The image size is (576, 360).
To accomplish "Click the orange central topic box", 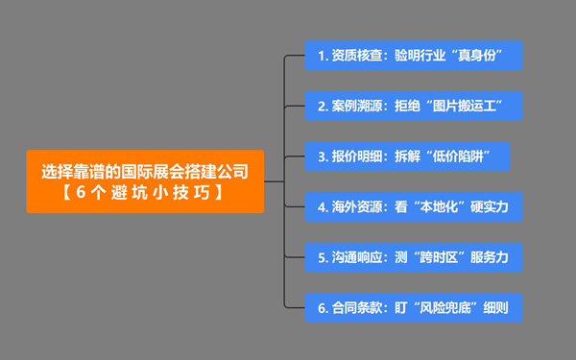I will pyautogui.click(x=145, y=180).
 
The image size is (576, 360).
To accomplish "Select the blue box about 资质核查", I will pyautogui.click(x=413, y=55).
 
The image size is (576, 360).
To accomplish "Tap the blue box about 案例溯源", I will pyautogui.click(x=413, y=105).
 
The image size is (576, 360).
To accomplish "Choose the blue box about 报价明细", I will pyautogui.click(x=413, y=156).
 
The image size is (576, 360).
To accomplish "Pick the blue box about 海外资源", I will pyautogui.click(x=413, y=206).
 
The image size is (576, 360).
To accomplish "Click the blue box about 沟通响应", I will pyautogui.click(x=413, y=257).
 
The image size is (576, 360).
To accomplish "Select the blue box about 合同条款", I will pyautogui.click(x=413, y=308).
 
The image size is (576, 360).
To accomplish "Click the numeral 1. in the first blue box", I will pyautogui.click(x=324, y=55).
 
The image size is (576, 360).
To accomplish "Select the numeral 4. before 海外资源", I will pyautogui.click(x=324, y=206).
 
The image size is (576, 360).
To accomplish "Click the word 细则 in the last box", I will pyautogui.click(x=494, y=308).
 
